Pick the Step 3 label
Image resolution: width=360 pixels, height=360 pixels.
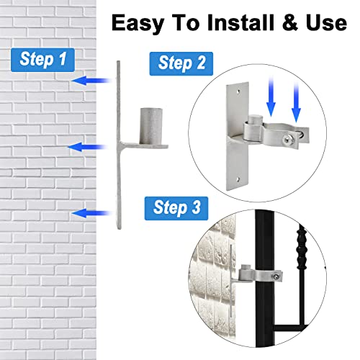point(176,207)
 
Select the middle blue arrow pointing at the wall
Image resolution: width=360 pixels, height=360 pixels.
point(84,147)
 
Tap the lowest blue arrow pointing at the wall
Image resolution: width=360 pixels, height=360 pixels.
point(89,212)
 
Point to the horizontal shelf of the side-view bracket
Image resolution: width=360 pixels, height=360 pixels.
point(144,147)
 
